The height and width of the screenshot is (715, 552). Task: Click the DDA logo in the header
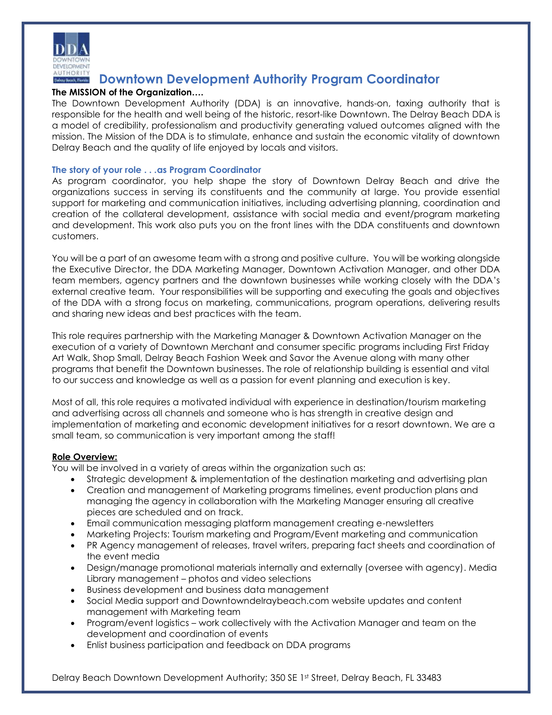tap(71, 58)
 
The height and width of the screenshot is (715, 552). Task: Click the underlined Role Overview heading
tap(85, 457)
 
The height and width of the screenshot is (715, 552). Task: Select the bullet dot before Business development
tap(73, 590)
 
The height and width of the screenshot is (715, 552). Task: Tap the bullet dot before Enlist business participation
tap(73, 645)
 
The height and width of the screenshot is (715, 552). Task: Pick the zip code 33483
tap(429, 678)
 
